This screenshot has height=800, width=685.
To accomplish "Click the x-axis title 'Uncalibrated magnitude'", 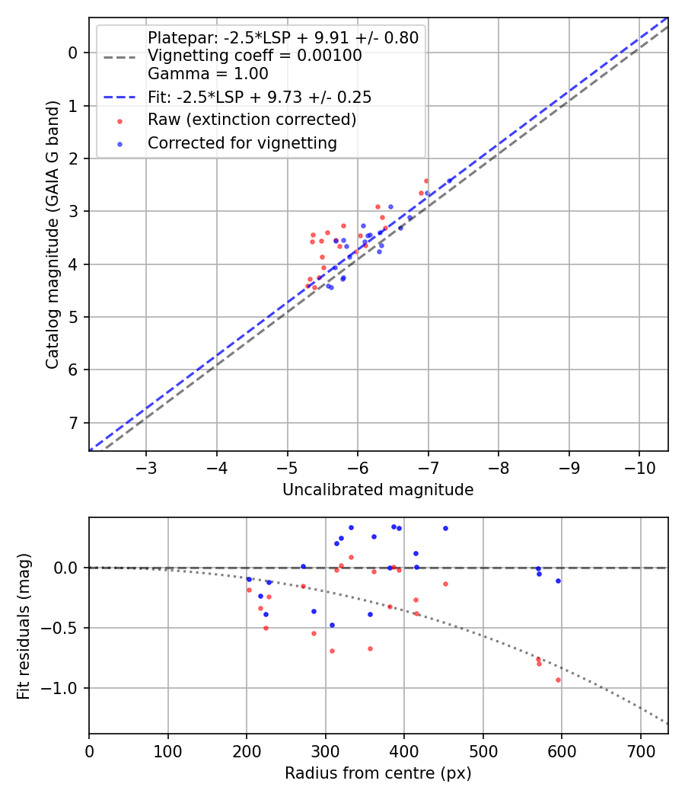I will coord(378,490).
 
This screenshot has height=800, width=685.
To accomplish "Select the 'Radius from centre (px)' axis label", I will coord(378,773).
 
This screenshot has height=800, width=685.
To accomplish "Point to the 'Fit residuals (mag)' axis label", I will coord(24,625).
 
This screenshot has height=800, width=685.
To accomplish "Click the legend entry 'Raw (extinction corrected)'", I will coord(251,120).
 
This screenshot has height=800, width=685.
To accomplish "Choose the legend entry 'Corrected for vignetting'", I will coord(242,142).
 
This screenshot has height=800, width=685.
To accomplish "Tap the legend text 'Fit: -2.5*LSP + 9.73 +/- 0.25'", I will coord(259,98).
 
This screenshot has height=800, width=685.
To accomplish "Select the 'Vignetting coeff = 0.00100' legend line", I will coord(254,56).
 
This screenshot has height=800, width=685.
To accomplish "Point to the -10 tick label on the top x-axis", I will coord(639,467).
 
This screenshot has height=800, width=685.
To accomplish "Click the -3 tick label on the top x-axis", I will coord(146,467).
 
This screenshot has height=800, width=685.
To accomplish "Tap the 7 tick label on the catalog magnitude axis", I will coord(73,423).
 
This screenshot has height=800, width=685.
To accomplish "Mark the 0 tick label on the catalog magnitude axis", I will coord(73,53).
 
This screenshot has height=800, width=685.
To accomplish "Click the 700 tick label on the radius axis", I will coord(641,750).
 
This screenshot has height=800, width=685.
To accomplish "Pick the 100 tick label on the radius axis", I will coord(168,750).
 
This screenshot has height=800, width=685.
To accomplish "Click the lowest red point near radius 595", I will coord(558,680).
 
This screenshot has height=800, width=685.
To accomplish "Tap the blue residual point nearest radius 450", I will coord(445,528).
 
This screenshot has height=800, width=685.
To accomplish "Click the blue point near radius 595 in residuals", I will coord(558,581).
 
